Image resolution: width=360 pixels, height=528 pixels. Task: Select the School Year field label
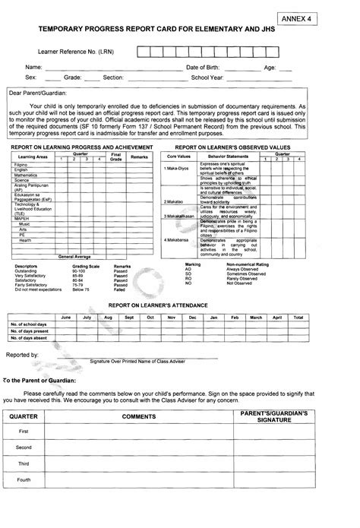coord(207,77)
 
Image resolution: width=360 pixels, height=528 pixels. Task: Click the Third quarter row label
coord(24,463)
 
